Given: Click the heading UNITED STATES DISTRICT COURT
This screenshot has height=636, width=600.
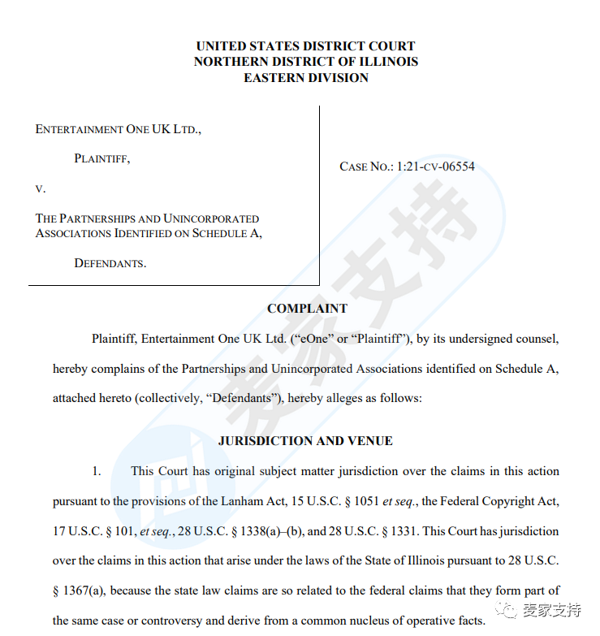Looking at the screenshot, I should pyautogui.click(x=306, y=46).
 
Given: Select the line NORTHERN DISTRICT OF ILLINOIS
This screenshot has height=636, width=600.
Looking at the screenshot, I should pyautogui.click(x=306, y=62).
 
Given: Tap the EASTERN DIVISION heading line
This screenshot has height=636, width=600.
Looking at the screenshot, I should pyautogui.click(x=306, y=78).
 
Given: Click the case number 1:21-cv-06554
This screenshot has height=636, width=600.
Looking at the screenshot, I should pyautogui.click(x=435, y=167).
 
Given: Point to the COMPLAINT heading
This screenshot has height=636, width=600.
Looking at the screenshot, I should pyautogui.click(x=307, y=309).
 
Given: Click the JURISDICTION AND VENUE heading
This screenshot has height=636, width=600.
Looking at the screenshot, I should pyautogui.click(x=305, y=441).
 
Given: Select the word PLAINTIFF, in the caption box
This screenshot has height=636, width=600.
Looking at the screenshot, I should pyautogui.click(x=102, y=159).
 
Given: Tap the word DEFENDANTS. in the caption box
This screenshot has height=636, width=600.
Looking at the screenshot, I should pyautogui.click(x=110, y=263).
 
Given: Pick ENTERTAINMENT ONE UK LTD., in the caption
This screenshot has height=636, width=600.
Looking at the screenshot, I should pyautogui.click(x=119, y=129).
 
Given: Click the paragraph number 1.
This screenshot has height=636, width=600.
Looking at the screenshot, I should pyautogui.click(x=97, y=471).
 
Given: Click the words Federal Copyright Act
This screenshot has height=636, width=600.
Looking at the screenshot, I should pyautogui.click(x=503, y=501).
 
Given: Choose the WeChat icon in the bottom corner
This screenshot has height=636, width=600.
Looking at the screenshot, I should pyautogui.click(x=509, y=609).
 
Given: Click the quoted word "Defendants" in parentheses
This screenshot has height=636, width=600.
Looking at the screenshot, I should pyautogui.click(x=196, y=399).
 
